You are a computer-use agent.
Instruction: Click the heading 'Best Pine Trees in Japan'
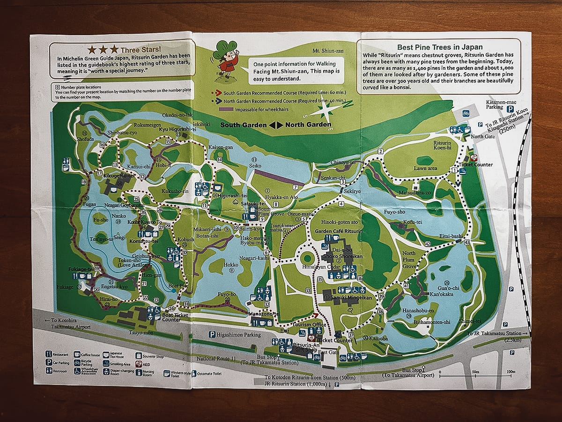click(440, 47)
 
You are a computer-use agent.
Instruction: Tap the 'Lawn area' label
click(425, 168)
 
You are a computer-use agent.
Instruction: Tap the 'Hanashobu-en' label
click(419, 310)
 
